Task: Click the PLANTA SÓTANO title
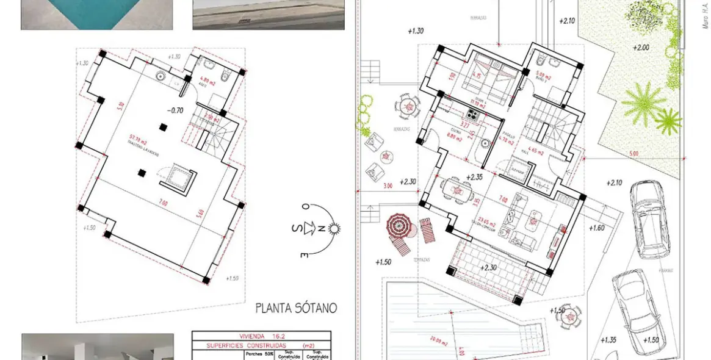tap(296, 308)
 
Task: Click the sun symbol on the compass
tap(333, 229)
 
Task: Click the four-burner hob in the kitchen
tap(474, 113)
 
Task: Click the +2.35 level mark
tap(474, 178)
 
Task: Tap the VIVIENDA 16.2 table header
tap(261, 336)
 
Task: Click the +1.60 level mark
tap(598, 228)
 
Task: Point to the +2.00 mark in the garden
tap(641, 47)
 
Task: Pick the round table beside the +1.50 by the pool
tap(569, 317)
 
